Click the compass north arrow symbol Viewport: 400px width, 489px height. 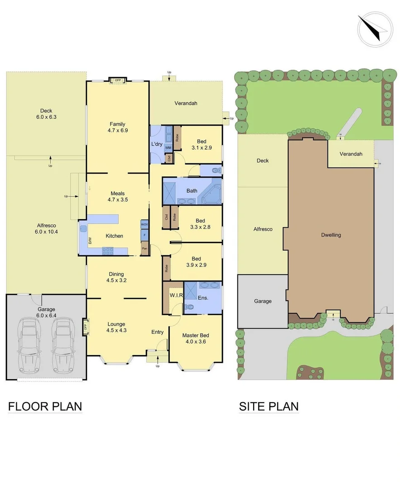pos(375,28)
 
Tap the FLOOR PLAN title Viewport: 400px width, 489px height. pos(45,406)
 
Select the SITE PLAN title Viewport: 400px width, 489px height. pos(269,406)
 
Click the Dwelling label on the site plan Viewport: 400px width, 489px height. pos(331,235)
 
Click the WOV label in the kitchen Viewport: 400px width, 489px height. pos(145,225)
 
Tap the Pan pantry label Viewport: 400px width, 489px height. pos(145,249)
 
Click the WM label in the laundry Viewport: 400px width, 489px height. pos(168,148)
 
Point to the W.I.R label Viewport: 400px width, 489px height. pos(176,296)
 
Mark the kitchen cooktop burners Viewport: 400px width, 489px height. pos(108,250)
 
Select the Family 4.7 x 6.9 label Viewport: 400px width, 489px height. pos(117,127)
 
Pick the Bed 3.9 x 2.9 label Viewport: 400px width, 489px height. pos(196,262)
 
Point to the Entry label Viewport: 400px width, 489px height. pos(157,332)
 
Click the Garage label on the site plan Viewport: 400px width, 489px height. pos(263,301)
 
